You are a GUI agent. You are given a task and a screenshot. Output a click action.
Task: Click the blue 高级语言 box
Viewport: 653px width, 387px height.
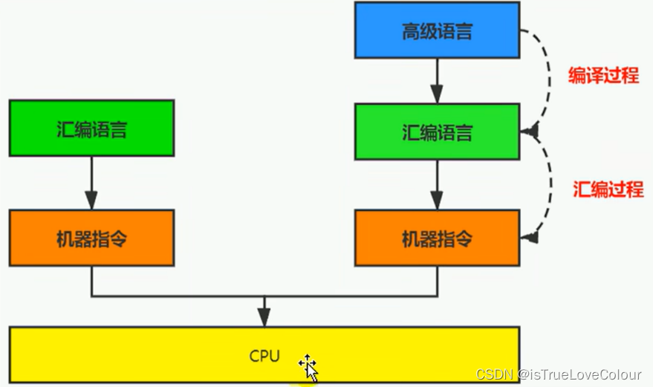click(x=437, y=30)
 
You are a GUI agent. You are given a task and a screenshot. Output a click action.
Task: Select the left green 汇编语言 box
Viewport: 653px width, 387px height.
click(x=91, y=129)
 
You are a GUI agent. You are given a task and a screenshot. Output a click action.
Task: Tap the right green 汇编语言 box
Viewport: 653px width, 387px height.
click(x=437, y=132)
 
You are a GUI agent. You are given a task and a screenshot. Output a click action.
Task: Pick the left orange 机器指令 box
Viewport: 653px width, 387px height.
click(x=91, y=238)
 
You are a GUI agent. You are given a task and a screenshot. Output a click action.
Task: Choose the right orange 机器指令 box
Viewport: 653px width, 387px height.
click(x=437, y=238)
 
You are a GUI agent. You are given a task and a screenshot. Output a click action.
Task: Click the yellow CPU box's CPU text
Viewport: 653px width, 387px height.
click(x=264, y=356)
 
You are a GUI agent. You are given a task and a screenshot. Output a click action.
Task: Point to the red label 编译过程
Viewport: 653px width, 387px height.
click(x=603, y=76)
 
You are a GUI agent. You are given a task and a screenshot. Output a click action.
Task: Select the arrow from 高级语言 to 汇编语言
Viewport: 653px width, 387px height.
click(x=437, y=80)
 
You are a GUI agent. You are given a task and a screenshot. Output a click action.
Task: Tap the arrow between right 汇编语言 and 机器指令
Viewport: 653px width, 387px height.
click(x=437, y=185)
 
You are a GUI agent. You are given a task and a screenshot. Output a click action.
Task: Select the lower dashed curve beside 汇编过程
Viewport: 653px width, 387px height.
click(x=548, y=186)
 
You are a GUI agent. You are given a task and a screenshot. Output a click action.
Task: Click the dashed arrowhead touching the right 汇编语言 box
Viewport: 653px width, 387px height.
click(x=530, y=131)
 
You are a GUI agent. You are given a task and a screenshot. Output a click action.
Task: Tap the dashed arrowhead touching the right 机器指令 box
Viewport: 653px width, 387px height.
click(x=530, y=238)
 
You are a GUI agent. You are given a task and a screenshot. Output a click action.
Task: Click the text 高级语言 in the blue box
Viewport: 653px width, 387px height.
click(x=437, y=32)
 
